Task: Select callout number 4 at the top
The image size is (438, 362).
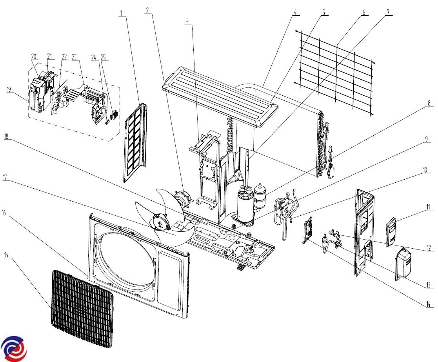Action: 294,12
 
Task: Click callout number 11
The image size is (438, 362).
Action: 429,206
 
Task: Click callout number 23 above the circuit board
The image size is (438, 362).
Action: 74,56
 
